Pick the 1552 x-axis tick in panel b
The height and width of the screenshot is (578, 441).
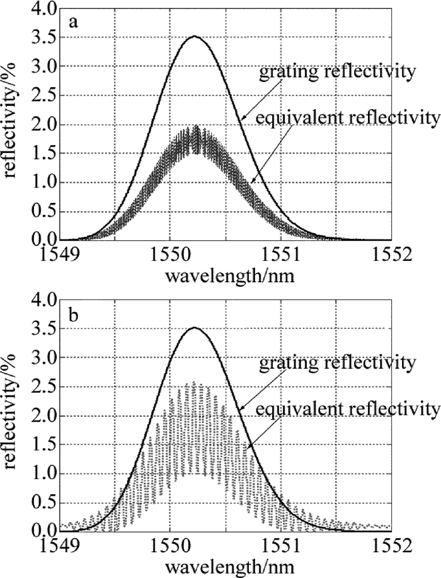(x=391, y=545)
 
